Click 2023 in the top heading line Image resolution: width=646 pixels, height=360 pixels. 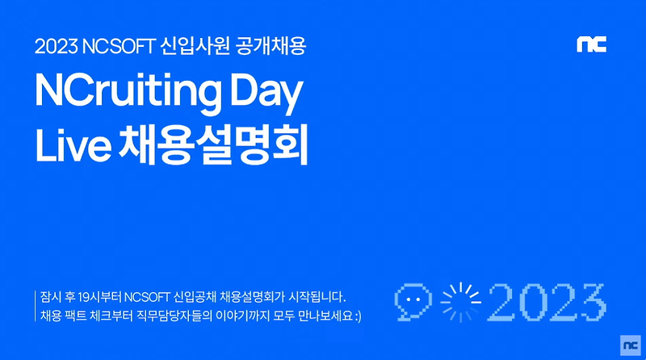[57, 46]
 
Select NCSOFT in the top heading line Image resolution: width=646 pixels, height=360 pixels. [119, 46]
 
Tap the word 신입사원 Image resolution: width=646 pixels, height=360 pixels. [195, 46]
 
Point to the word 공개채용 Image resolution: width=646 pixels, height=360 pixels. [271, 46]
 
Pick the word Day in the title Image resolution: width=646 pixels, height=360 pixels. [266, 94]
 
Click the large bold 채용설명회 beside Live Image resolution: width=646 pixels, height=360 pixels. [213, 145]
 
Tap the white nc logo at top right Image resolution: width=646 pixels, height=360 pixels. [592, 44]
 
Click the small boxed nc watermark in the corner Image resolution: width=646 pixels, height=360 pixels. [631, 345]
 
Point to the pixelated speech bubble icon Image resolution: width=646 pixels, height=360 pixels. [413, 302]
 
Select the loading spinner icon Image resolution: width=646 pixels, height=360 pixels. [460, 302]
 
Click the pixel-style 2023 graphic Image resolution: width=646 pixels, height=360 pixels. [547, 303]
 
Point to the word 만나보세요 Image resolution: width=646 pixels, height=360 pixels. [325, 316]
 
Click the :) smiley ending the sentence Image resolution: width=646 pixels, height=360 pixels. [358, 316]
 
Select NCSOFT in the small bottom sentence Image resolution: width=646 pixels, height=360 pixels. [147, 297]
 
